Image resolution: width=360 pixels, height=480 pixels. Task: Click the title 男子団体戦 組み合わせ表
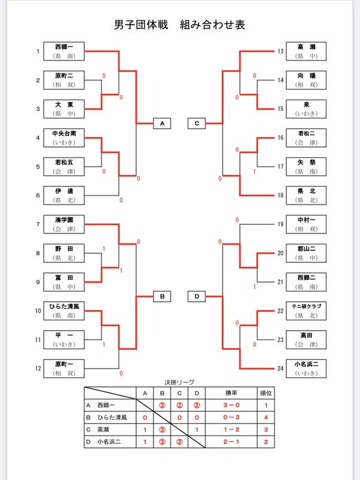click(179, 25)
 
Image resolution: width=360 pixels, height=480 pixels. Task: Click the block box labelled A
click(161, 123)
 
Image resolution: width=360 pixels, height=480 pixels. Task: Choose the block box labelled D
click(197, 296)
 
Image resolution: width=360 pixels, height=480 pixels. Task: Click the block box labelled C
click(197, 123)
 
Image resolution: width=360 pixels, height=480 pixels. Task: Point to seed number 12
click(38, 369)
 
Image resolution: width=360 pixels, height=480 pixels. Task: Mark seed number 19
click(280, 224)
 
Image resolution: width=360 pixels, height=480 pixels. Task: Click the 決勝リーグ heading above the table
click(180, 382)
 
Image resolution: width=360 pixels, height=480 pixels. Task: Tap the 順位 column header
click(265, 393)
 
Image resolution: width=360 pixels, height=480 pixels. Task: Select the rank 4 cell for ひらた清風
click(265, 417)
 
